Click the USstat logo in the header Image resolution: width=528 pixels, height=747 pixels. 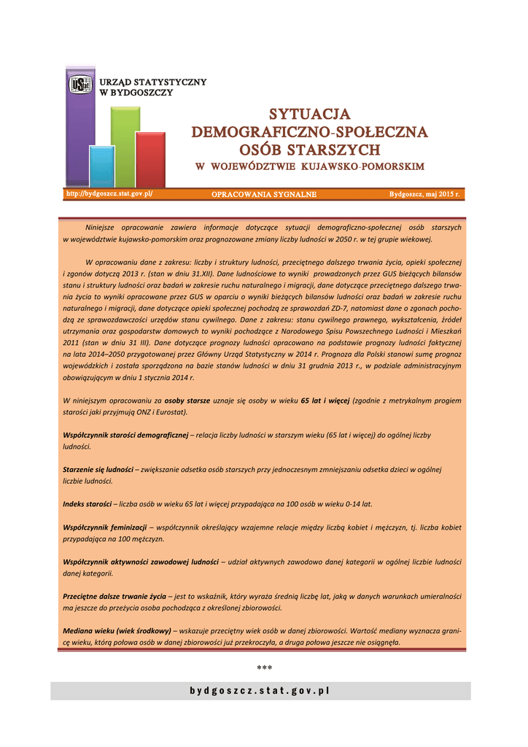click(79, 85)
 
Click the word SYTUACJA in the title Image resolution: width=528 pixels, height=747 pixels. click(310, 115)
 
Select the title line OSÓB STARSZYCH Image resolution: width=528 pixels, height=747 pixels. click(310, 150)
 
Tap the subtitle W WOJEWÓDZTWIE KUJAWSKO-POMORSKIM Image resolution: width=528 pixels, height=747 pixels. click(310, 167)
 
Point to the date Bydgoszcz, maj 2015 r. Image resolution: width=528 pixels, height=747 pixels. click(424, 195)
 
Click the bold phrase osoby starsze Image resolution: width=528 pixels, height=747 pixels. click(187, 400)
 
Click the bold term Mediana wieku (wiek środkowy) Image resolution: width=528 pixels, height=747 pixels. click(117, 630)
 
